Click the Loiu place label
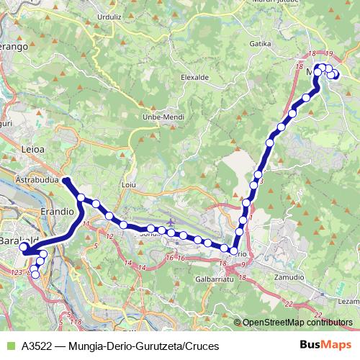(x=130, y=185)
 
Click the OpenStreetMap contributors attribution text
(x=297, y=323)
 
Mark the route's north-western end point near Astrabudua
(x=65, y=180)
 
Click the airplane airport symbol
(x=170, y=222)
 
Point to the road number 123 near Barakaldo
(x=17, y=272)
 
